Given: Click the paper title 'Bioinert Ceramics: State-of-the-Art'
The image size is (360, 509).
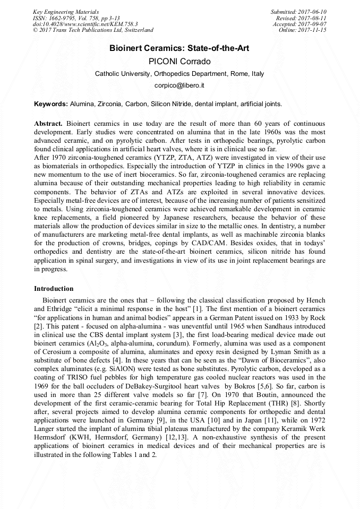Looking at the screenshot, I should (x=179, y=48).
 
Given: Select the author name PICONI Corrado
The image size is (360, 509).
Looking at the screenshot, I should (x=179, y=61).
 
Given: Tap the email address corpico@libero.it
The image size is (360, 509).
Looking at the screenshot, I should (x=179, y=85).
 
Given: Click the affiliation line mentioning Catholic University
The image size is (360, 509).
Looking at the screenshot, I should (x=179, y=74).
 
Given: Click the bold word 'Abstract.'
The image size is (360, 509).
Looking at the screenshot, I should (x=49, y=123).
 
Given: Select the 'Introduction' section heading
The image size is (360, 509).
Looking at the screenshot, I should (x=54, y=289).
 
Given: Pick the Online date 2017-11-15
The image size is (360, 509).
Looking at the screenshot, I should (x=313, y=31).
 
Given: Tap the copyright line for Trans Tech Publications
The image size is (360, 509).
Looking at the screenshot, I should (x=93, y=31).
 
